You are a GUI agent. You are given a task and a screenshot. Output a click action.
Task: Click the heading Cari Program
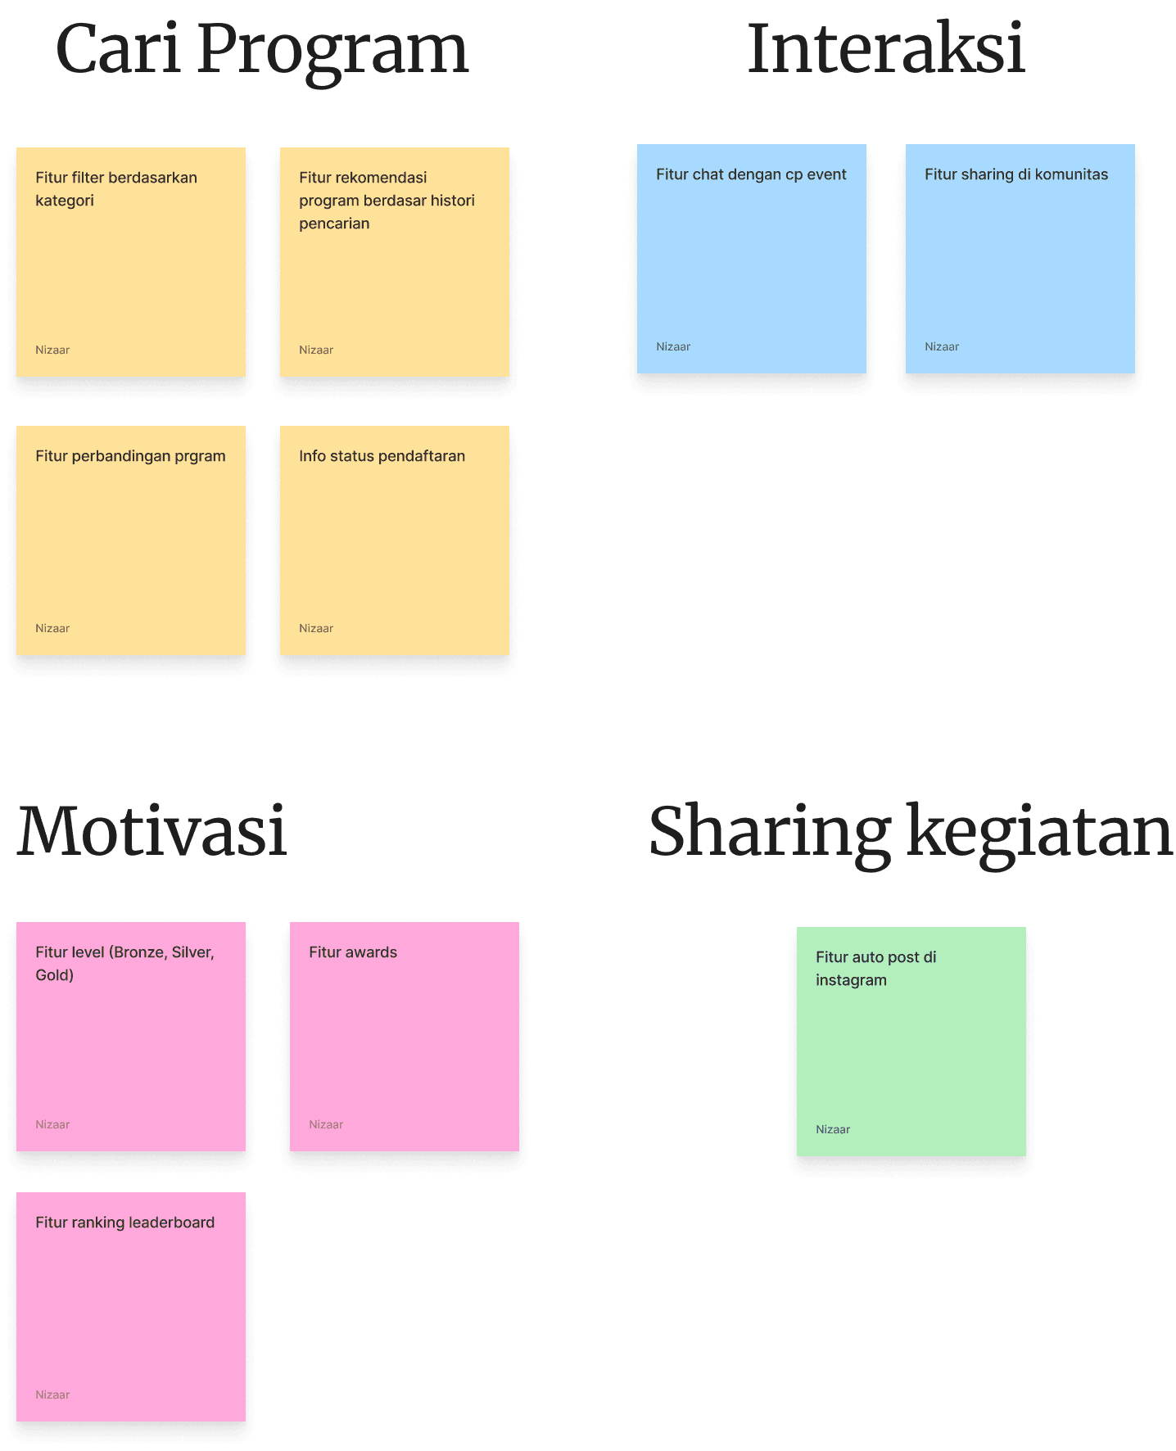(x=261, y=50)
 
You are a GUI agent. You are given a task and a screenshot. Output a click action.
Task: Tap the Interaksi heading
(x=885, y=49)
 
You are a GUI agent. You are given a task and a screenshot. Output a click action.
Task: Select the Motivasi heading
(x=152, y=832)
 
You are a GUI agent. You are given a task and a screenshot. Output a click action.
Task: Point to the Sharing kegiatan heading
(x=911, y=832)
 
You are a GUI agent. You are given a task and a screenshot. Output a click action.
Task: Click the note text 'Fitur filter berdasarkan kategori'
(x=115, y=189)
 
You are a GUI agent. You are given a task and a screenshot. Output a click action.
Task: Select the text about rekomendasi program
(x=387, y=201)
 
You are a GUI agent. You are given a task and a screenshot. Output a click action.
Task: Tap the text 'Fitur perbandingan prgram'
(x=130, y=456)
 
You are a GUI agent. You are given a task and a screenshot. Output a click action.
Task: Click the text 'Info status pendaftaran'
(x=382, y=456)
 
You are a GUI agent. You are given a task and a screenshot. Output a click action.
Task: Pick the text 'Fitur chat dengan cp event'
(x=751, y=174)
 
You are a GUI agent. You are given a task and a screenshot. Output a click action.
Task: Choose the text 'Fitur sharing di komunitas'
(x=1015, y=174)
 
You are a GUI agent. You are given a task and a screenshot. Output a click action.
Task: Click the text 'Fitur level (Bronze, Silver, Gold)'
(x=124, y=963)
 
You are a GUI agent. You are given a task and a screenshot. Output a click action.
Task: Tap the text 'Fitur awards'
(x=353, y=952)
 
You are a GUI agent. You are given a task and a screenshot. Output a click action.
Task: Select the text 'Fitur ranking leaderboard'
(x=124, y=1223)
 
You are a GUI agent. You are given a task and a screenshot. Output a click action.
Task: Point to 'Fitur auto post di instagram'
(x=875, y=969)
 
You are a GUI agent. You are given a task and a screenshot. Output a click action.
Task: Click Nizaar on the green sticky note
(x=833, y=1129)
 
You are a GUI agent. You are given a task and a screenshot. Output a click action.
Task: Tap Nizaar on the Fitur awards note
(x=326, y=1124)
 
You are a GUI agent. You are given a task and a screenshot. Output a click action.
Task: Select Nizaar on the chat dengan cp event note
(x=673, y=346)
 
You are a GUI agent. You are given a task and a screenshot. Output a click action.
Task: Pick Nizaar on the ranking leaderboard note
(x=52, y=1394)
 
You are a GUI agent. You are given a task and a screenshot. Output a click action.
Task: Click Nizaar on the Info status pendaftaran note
(x=316, y=628)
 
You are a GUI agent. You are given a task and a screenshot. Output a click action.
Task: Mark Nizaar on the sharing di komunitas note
(x=942, y=346)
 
